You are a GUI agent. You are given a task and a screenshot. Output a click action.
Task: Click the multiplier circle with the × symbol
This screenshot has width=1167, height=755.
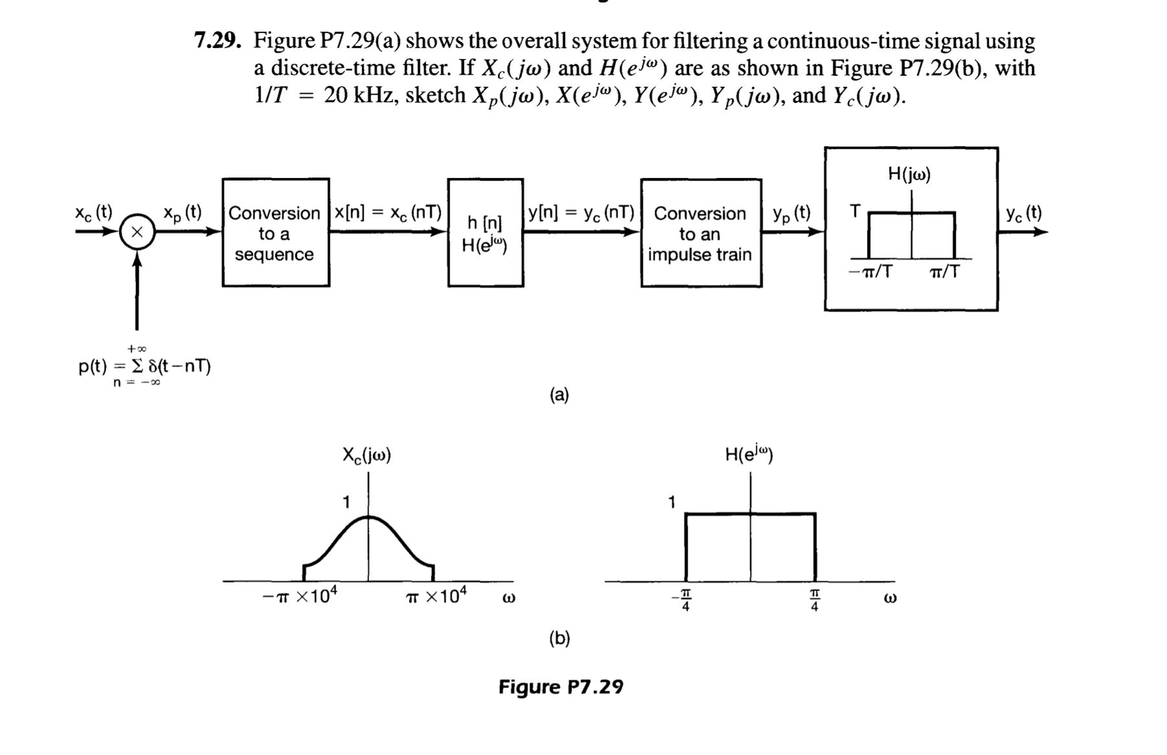(x=137, y=232)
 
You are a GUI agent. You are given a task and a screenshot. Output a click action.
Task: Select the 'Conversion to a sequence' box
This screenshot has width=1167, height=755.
(x=275, y=233)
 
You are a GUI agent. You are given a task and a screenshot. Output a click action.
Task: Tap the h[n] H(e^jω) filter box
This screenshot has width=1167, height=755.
(x=485, y=233)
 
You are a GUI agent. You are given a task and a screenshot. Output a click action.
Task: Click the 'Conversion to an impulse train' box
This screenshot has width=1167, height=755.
(x=701, y=234)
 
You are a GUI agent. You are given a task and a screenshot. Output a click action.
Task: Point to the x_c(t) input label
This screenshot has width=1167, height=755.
(x=93, y=212)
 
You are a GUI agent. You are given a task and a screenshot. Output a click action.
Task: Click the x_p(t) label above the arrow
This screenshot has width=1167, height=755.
(x=182, y=212)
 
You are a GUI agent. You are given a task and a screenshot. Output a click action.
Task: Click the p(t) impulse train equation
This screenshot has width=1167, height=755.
(x=144, y=366)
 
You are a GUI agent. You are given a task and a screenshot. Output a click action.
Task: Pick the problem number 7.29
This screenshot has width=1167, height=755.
(x=218, y=41)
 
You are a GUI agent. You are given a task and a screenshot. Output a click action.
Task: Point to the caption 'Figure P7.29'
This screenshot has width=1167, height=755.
(x=560, y=686)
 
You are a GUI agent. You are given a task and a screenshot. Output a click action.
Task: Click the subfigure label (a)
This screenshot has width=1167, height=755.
(x=559, y=394)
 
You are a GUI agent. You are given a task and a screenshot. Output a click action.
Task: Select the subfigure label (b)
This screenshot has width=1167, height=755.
(x=559, y=638)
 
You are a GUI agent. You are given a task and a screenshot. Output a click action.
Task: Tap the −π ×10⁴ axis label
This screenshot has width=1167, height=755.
(x=299, y=596)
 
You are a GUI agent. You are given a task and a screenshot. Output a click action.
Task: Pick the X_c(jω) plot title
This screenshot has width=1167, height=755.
(x=367, y=455)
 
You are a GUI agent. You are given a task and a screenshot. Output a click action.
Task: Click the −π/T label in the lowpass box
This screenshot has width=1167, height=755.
(x=870, y=272)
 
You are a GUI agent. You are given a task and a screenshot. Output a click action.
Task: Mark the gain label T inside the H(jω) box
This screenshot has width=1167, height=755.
(x=855, y=211)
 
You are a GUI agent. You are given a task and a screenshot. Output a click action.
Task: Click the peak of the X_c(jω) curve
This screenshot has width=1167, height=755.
(x=368, y=517)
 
